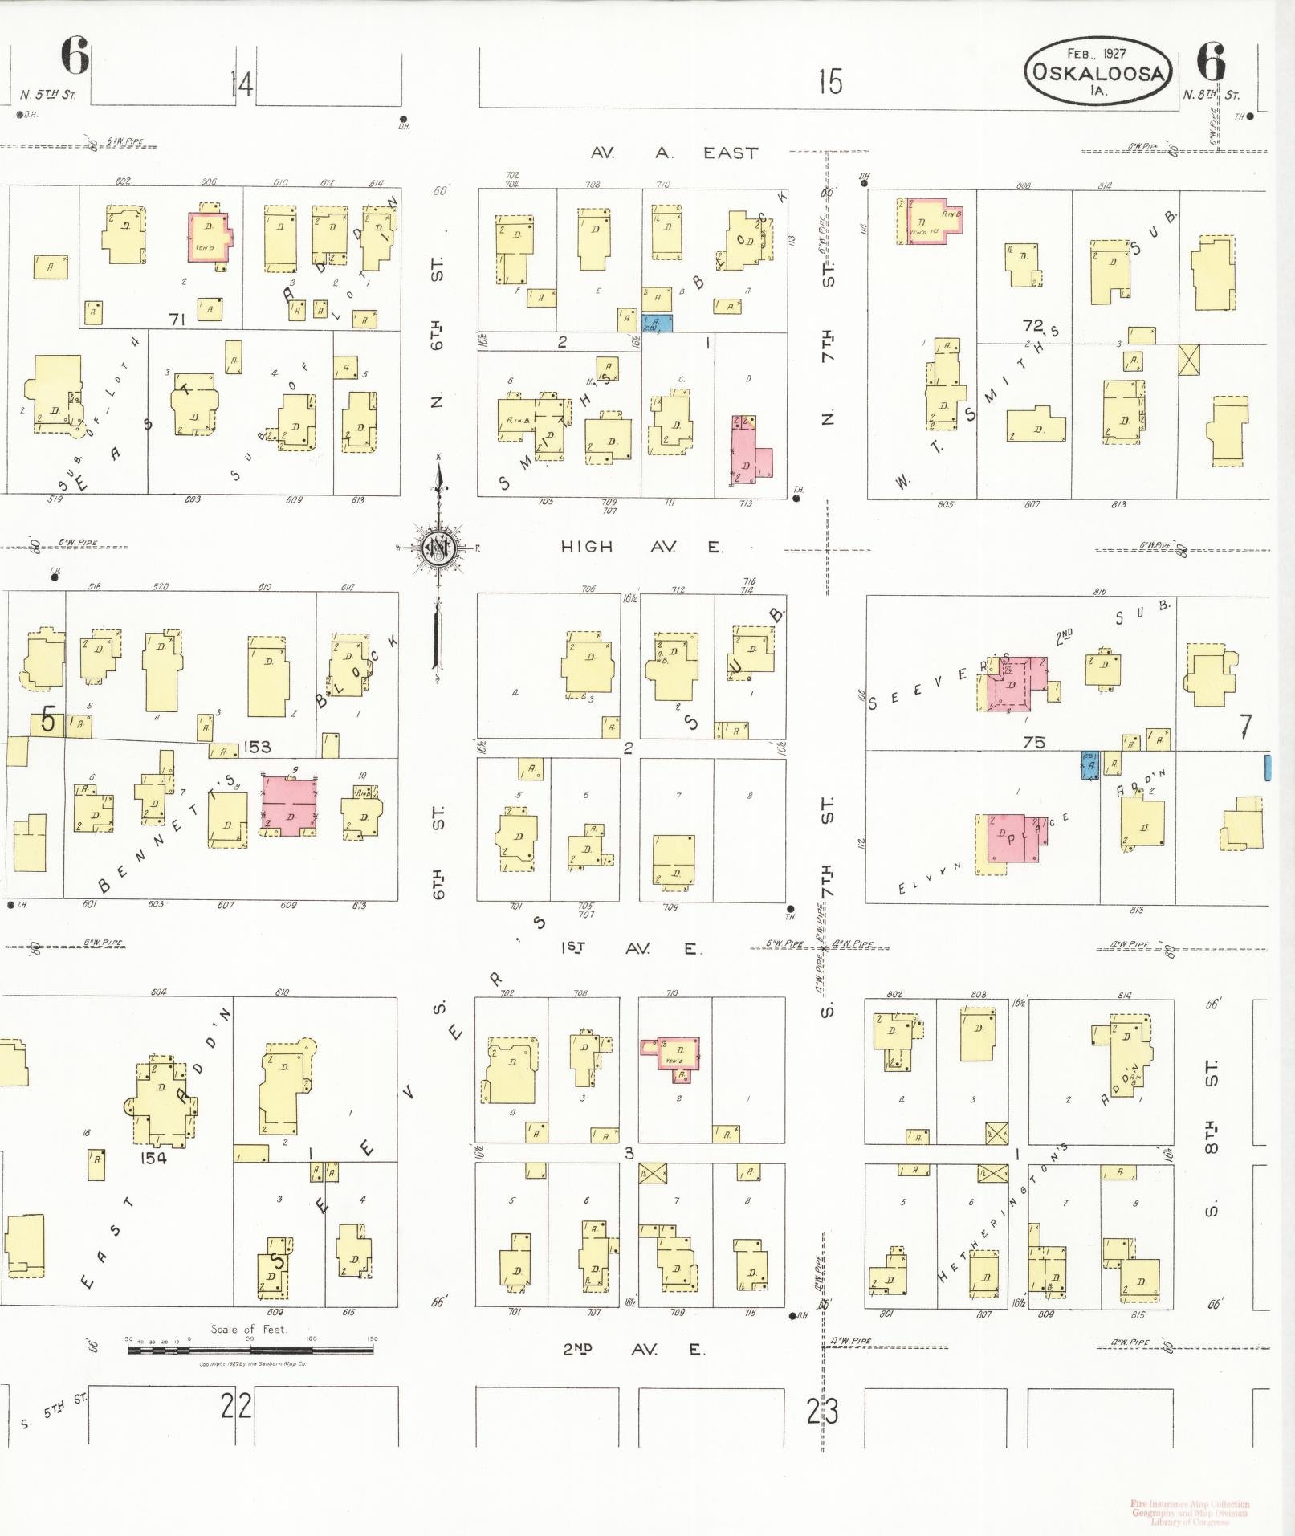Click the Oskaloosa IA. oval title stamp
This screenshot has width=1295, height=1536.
click(x=1097, y=71)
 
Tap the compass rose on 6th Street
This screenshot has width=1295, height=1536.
click(x=438, y=548)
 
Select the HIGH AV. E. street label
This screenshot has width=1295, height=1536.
click(x=641, y=547)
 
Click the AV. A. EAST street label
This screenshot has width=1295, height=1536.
click(x=674, y=153)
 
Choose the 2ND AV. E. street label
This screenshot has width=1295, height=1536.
click(x=633, y=1349)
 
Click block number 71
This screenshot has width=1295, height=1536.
click(x=177, y=319)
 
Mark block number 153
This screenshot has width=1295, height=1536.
click(x=257, y=747)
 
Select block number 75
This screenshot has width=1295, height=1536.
click(x=1034, y=742)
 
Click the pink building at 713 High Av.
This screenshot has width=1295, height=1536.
click(x=751, y=450)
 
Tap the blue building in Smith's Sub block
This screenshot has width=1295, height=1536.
click(x=657, y=323)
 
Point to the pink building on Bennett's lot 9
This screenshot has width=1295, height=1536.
click(x=290, y=806)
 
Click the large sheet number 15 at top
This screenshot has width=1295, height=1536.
click(x=830, y=81)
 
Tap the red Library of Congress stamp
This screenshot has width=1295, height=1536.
click(x=1189, y=1512)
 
